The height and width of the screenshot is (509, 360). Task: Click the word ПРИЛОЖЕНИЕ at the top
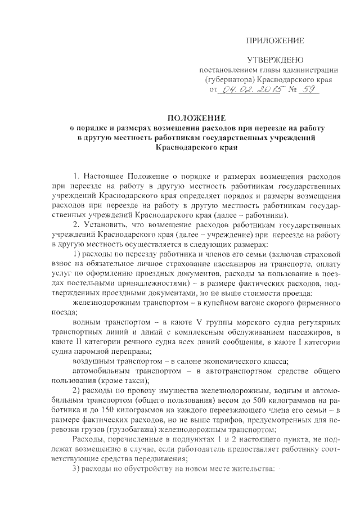tap(276, 40)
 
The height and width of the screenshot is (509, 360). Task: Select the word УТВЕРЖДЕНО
tap(276, 60)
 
